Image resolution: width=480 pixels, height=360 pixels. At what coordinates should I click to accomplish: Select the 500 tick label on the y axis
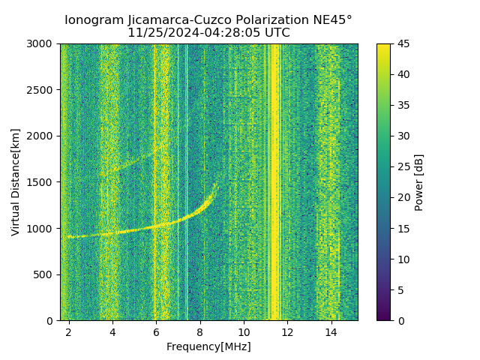point(46,274)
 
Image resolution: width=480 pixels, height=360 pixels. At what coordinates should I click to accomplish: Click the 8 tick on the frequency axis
point(200,331)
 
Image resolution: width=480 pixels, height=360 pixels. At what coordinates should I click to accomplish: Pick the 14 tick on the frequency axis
point(331,331)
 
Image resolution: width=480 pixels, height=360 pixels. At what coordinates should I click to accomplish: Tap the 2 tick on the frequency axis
point(69,331)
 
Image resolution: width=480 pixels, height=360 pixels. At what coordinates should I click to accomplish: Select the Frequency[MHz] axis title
point(208,346)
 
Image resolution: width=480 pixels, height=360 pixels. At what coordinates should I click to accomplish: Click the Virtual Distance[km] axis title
point(16,182)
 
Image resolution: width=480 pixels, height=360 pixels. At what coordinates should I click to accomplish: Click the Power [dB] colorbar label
point(419,182)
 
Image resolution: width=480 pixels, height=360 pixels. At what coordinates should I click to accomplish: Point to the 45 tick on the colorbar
point(402,44)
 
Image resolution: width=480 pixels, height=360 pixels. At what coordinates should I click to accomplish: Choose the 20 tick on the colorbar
point(402,197)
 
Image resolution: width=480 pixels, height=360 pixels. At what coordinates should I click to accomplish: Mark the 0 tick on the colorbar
point(399,320)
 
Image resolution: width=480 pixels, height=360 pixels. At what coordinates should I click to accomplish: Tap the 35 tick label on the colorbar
point(402,106)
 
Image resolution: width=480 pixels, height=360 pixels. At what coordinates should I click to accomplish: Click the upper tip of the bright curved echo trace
point(216,183)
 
